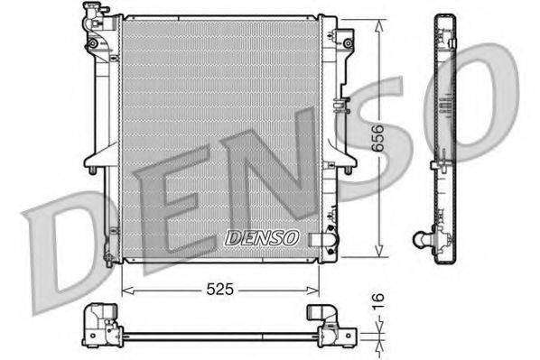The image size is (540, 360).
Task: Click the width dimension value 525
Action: [x=220, y=291]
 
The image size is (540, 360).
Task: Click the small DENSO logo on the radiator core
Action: [x=260, y=238]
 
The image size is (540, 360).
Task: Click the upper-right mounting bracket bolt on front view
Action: [x=346, y=41]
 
